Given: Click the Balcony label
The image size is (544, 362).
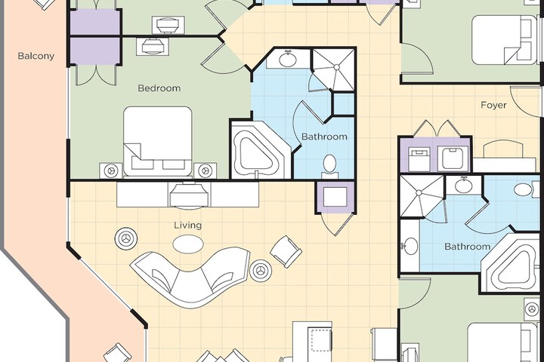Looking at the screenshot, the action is tap(36, 56).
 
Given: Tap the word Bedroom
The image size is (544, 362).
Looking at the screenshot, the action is tap(159, 88).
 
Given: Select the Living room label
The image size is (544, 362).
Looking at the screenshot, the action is tap(187, 225).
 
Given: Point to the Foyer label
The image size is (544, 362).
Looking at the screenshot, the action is tap(493, 105).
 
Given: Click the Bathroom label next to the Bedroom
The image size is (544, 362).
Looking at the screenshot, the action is tap(324, 137).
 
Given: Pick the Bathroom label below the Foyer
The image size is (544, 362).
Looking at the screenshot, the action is tap(468, 247).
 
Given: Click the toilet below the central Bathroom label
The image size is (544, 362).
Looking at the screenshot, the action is tap(329, 166).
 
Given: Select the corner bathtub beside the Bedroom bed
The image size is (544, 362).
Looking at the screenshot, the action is tap(261, 150).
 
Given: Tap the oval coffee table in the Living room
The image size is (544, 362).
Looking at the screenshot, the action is tap(188, 244).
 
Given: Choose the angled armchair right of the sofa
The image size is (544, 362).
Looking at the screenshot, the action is tap(286, 251).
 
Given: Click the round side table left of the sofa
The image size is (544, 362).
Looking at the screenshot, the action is tap(125, 238).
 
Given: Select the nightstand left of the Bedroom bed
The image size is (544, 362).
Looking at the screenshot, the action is tap(111, 170).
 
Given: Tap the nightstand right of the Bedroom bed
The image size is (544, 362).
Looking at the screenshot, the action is tap(205, 170).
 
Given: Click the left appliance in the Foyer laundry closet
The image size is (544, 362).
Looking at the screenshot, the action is tap(419, 158).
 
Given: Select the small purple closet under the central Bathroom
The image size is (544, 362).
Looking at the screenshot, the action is tap(335, 197).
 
